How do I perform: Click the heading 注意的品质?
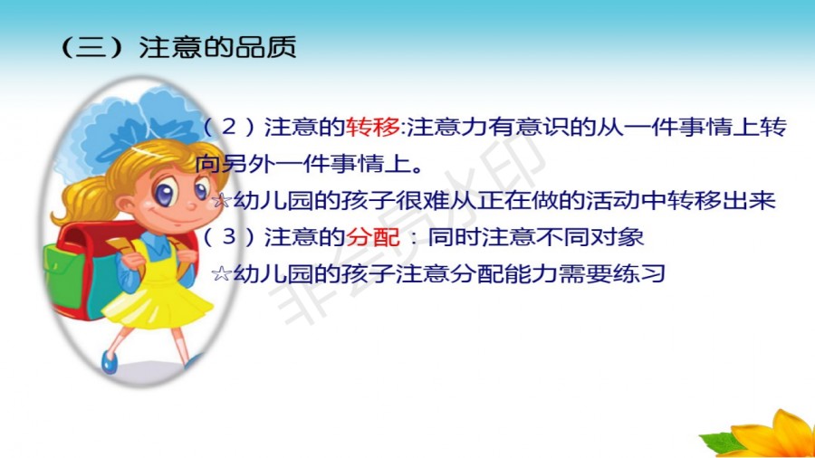(x=217, y=47)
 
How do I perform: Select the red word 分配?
(x=373, y=237)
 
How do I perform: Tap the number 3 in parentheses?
(x=229, y=237)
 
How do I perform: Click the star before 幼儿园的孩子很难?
(x=222, y=200)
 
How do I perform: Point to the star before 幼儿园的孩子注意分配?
(x=222, y=273)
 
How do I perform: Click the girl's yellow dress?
(x=161, y=291)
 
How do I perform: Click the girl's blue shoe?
(x=109, y=361)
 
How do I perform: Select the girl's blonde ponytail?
(x=83, y=200)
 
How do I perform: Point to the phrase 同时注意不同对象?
(x=536, y=237)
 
